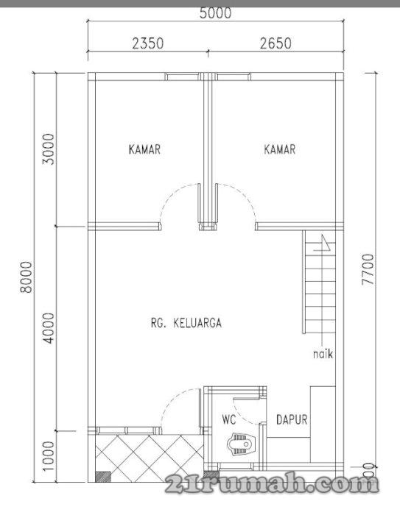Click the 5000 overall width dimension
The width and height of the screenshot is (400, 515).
(215, 13)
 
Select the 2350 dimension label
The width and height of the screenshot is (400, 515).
(147, 43)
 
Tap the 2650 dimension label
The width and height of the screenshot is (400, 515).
(276, 43)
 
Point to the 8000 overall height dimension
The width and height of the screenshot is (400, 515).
(27, 277)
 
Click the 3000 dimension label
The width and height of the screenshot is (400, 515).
(48, 149)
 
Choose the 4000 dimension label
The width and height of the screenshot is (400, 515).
(49, 328)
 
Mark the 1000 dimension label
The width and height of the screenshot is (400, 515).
(49, 456)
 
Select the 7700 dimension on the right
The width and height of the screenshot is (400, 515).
(368, 269)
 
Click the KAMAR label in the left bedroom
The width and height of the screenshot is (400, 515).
(144, 149)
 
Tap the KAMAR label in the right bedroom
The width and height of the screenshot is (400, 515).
(280, 149)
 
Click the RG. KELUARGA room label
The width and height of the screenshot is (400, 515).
(186, 323)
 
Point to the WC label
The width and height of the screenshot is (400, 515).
(228, 419)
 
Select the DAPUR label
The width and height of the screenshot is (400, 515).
(292, 419)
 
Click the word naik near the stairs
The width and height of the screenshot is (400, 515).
(323, 354)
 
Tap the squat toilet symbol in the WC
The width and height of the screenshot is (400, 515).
(242, 444)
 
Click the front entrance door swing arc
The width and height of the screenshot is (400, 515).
(175, 402)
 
